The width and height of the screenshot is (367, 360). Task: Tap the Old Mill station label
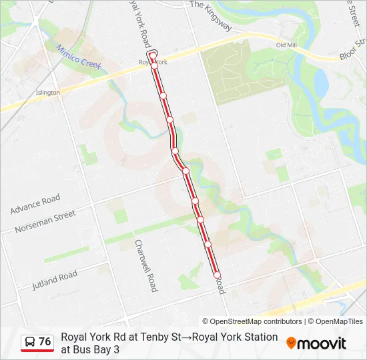click(x=286, y=45)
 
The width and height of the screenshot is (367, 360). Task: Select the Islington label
click(x=48, y=93)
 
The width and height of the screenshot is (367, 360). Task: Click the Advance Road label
click(x=35, y=204)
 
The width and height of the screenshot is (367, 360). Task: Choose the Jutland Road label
click(x=54, y=280)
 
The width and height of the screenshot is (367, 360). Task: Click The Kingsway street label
click(x=210, y=14)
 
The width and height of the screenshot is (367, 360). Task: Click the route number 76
click(x=45, y=342)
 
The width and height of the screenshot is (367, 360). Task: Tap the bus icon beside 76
click(x=30, y=342)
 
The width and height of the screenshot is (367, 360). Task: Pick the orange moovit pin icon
click(x=291, y=343)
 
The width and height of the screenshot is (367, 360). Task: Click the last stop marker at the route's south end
click(x=217, y=275)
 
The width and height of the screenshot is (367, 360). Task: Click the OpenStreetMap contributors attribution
click(x=252, y=321)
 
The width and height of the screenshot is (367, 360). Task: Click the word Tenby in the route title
click(x=155, y=337)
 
